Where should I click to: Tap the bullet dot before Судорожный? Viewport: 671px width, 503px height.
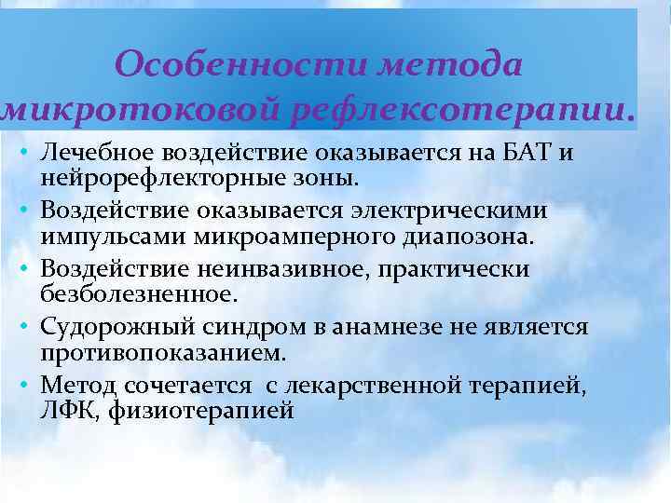click(21, 329)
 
